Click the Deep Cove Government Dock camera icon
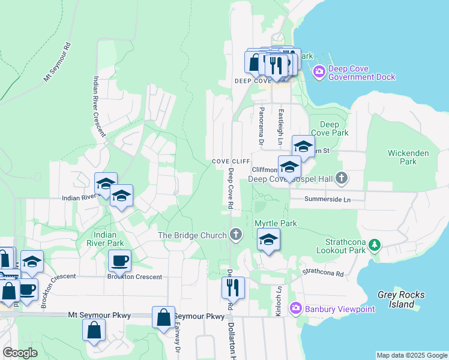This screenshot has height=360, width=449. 319,73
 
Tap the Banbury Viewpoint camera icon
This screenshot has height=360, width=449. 295,308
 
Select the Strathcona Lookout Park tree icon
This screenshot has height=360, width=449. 375,245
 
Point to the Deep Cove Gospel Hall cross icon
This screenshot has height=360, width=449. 342,178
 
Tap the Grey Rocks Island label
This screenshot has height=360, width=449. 401,299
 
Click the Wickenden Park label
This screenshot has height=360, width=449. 408,157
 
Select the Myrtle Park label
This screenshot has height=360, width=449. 276,223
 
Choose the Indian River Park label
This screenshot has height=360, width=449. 109,238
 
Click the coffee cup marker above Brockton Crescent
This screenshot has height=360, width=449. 119,260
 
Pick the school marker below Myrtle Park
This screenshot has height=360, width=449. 268,241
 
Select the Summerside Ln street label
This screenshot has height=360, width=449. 327,199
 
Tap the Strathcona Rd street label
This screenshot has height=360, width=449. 323,273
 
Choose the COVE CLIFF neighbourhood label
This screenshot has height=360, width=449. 231,162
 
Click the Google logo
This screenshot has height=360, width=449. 20,353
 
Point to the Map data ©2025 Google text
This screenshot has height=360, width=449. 411,355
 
